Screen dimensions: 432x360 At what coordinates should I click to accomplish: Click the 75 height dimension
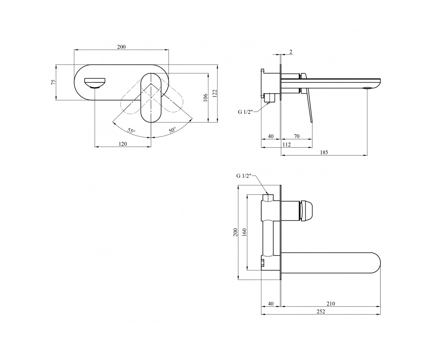tap(54, 82)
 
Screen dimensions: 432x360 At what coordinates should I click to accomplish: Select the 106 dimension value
tap(205, 98)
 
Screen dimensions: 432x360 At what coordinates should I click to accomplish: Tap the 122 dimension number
tap(215, 93)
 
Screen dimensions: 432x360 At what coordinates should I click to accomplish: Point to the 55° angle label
tap(131, 131)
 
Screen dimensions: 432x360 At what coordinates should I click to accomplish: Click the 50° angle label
tap(172, 130)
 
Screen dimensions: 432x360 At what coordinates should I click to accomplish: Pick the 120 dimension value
tap(123, 144)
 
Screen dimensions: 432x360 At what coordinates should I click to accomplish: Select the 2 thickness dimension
tap(291, 52)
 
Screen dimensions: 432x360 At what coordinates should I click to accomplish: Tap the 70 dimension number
tap(297, 136)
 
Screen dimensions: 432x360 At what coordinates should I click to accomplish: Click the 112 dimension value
tap(287, 144)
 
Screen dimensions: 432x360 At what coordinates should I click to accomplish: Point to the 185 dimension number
tap(324, 153)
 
